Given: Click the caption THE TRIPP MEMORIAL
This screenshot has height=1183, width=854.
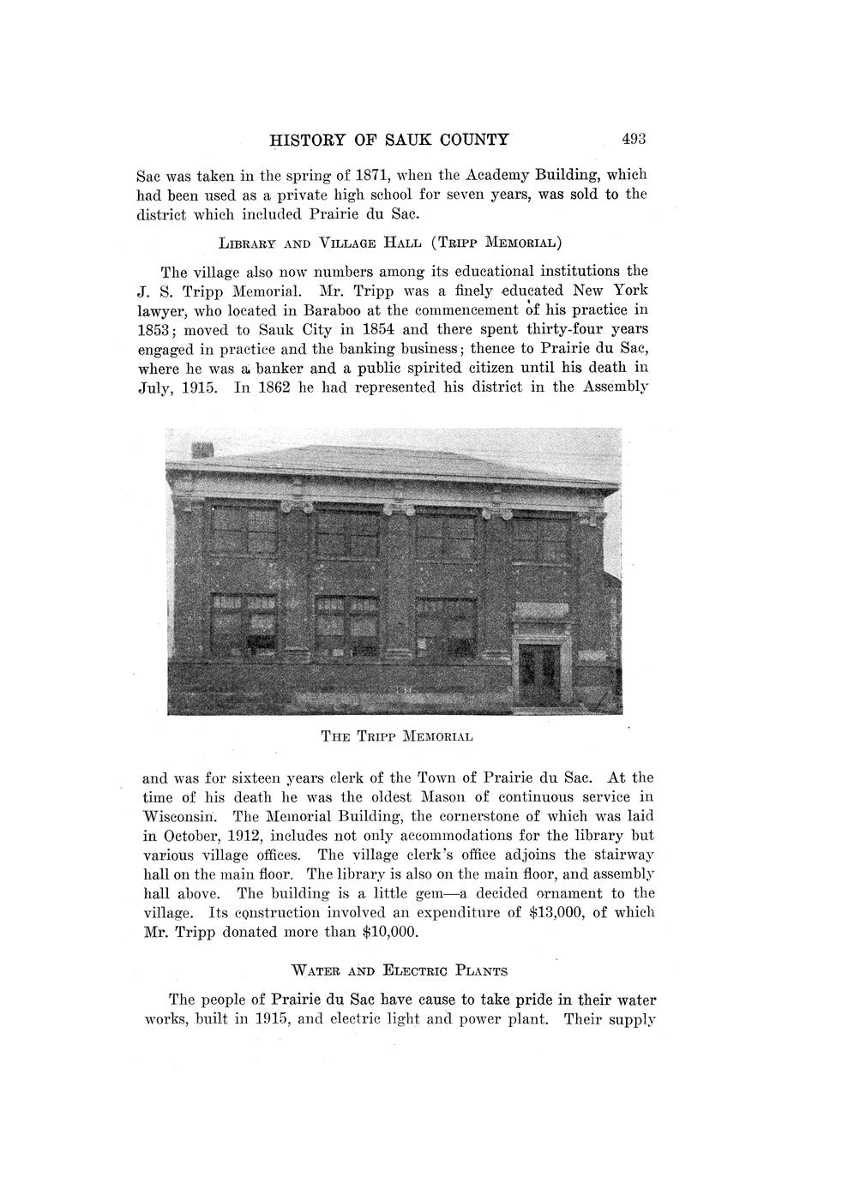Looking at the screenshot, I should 397,736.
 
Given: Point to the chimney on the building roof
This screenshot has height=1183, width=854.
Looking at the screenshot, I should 202,451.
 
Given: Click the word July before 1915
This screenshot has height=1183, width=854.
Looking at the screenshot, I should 158,387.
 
